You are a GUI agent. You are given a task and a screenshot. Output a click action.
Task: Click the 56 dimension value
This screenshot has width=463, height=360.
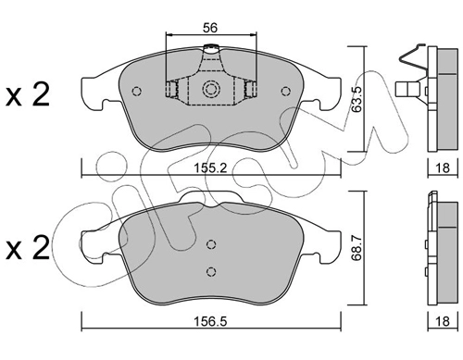(x=210, y=28)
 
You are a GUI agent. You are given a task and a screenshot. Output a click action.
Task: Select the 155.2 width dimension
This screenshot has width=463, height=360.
(x=210, y=168)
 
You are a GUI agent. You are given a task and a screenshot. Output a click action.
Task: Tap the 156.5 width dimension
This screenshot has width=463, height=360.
(x=210, y=321)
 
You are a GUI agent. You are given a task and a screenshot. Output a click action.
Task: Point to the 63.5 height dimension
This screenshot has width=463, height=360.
(x=357, y=99)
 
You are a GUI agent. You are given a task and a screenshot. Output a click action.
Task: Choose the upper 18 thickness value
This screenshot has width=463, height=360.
(x=443, y=168)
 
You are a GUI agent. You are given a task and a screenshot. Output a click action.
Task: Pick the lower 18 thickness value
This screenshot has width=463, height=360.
(x=443, y=321)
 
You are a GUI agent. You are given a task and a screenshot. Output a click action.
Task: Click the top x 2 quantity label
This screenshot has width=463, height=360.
(x=28, y=95)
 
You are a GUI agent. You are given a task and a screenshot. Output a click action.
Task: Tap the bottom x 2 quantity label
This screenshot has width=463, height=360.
(x=28, y=247)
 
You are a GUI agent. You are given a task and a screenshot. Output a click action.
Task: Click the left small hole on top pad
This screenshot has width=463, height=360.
(x=136, y=91)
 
